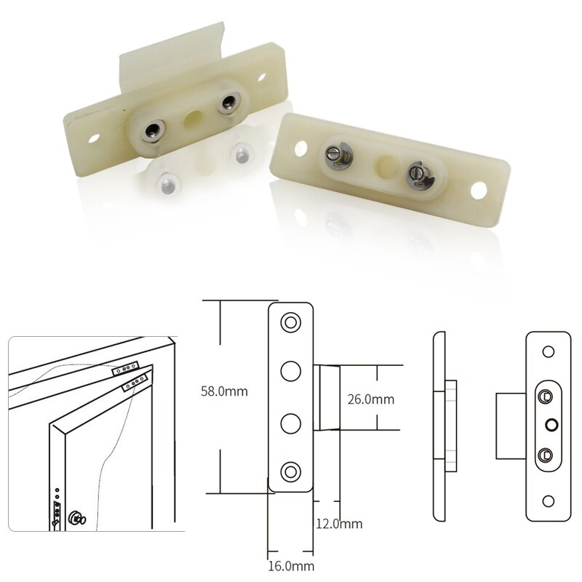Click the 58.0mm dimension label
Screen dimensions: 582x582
tap(224, 391)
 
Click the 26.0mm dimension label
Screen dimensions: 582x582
tap(371, 399)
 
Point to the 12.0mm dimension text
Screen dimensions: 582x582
tap(339, 524)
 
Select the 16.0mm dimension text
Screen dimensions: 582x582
tap(291, 566)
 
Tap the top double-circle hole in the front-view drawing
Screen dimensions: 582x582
tap(291, 322)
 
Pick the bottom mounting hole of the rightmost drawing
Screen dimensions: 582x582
tap(549, 501)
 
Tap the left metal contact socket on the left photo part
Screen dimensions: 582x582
tap(152, 130)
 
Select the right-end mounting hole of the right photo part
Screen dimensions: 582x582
tap(478, 191)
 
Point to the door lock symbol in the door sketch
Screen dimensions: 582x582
tap(76, 518)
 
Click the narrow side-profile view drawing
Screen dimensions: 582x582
tap(441, 426)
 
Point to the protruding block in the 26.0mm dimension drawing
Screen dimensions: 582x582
tap(328, 397)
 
